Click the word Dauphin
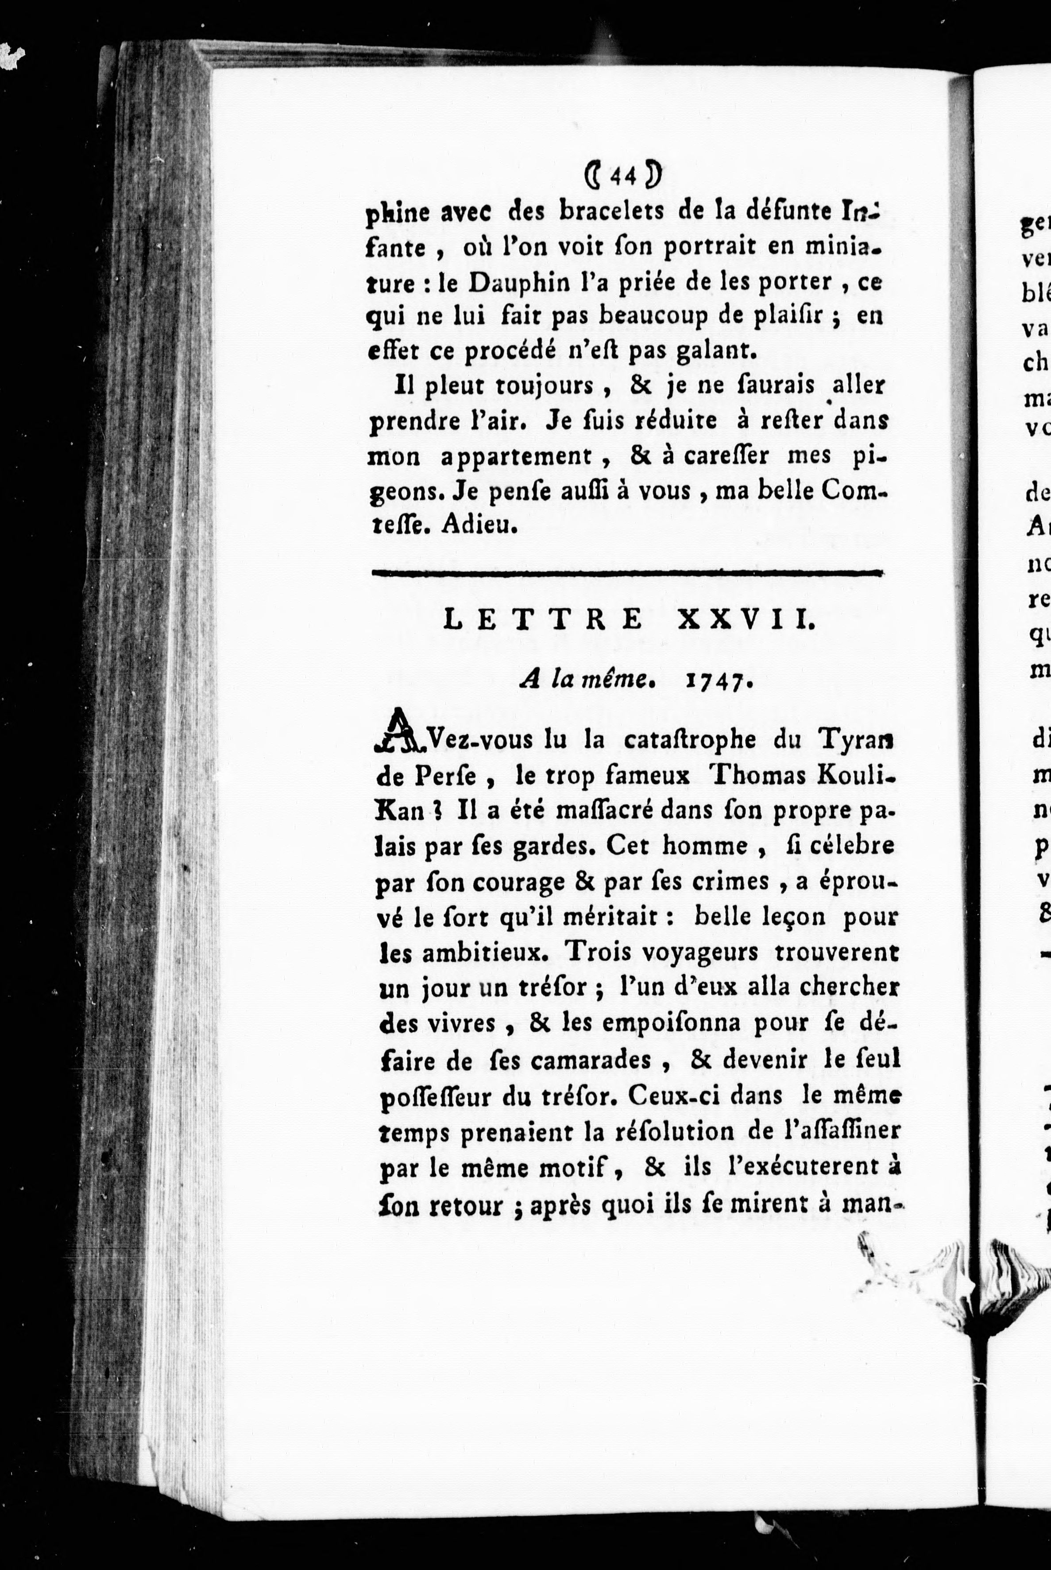pyautogui.click(x=514, y=282)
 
